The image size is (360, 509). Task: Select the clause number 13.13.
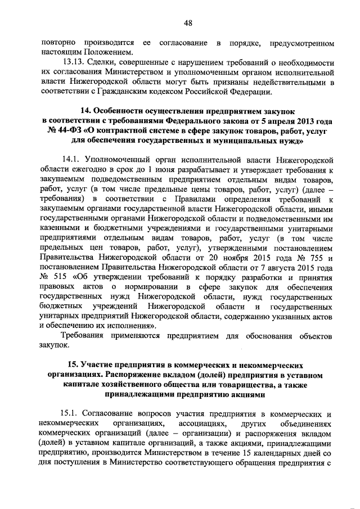pos(75,63)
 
